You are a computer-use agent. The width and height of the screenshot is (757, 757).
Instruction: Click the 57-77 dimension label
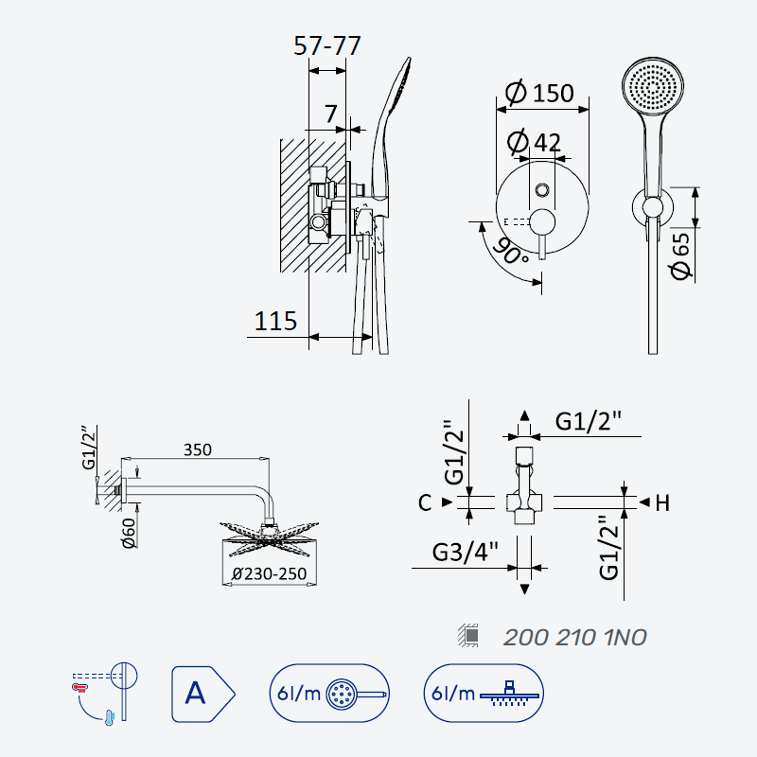pos(327,45)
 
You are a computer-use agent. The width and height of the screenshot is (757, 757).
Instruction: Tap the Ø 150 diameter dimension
pos(539,92)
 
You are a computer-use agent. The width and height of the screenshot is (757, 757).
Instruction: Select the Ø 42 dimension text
pos(535,141)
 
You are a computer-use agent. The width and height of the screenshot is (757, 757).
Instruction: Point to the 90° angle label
pos(511,251)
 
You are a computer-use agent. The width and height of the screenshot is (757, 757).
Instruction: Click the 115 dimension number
pos(275,321)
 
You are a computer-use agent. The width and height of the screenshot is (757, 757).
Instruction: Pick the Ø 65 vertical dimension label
pos(680,255)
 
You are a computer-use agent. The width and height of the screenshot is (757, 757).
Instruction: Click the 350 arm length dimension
pos(198,450)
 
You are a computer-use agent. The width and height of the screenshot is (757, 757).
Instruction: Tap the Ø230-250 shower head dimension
pos(269,573)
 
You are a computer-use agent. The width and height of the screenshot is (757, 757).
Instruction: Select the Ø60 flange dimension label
pos(129,534)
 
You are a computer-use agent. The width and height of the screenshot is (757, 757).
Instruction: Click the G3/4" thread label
pos(465,552)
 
